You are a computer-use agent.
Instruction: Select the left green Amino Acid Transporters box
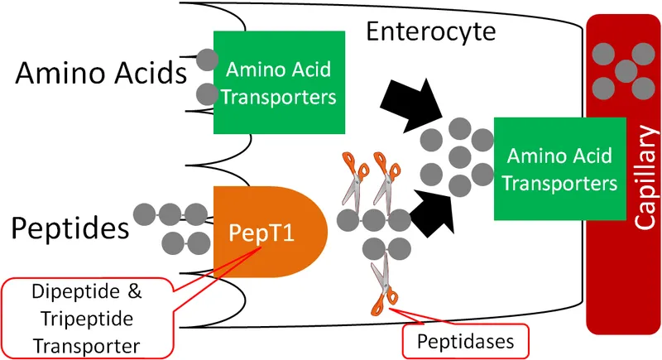coord(279,83)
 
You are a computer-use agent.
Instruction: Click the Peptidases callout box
coord(463,340)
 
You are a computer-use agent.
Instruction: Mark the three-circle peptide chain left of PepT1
coord(170,214)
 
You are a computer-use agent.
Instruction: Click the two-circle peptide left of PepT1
coord(185,242)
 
